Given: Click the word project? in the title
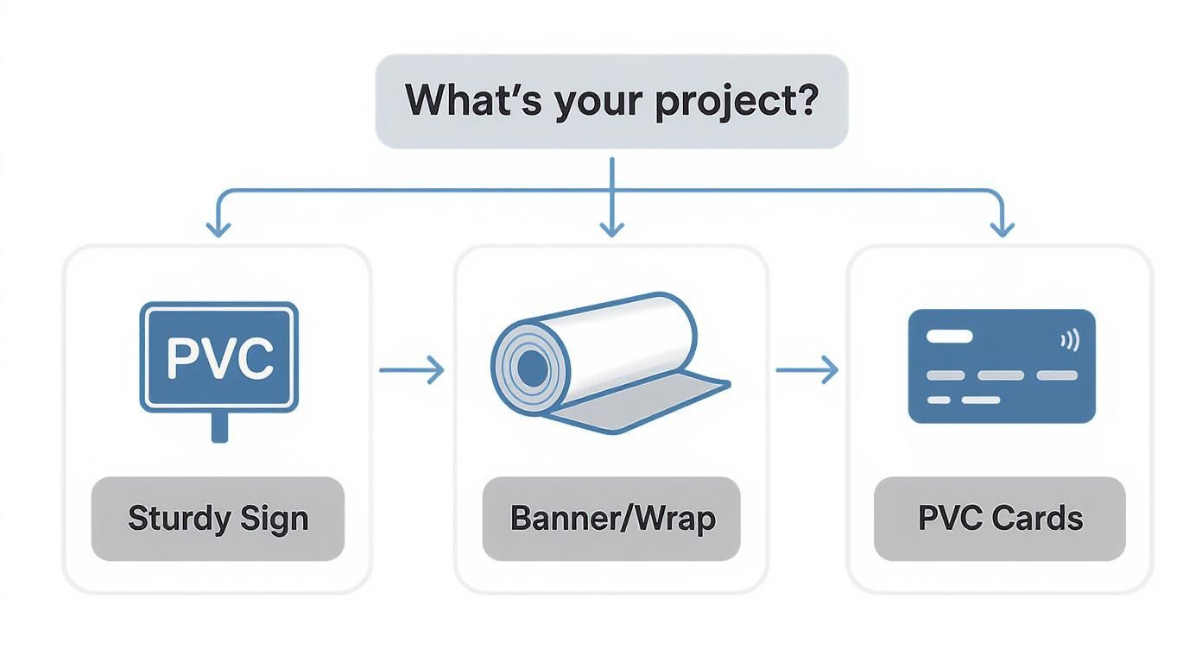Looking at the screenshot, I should [736, 103].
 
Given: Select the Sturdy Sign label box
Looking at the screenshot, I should [218, 519].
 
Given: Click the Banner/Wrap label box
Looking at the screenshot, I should [611, 519].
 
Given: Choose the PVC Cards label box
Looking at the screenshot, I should [1000, 519].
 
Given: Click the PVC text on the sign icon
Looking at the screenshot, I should [219, 357].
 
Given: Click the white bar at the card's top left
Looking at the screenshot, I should [949, 336].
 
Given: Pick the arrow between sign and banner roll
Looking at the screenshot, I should [412, 370].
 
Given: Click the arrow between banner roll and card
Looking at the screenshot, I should [807, 370].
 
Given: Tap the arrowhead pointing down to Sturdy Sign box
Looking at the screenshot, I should [218, 228].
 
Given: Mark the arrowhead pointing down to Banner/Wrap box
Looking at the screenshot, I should [611, 228].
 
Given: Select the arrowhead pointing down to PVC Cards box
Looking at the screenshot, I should [1002, 228].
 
